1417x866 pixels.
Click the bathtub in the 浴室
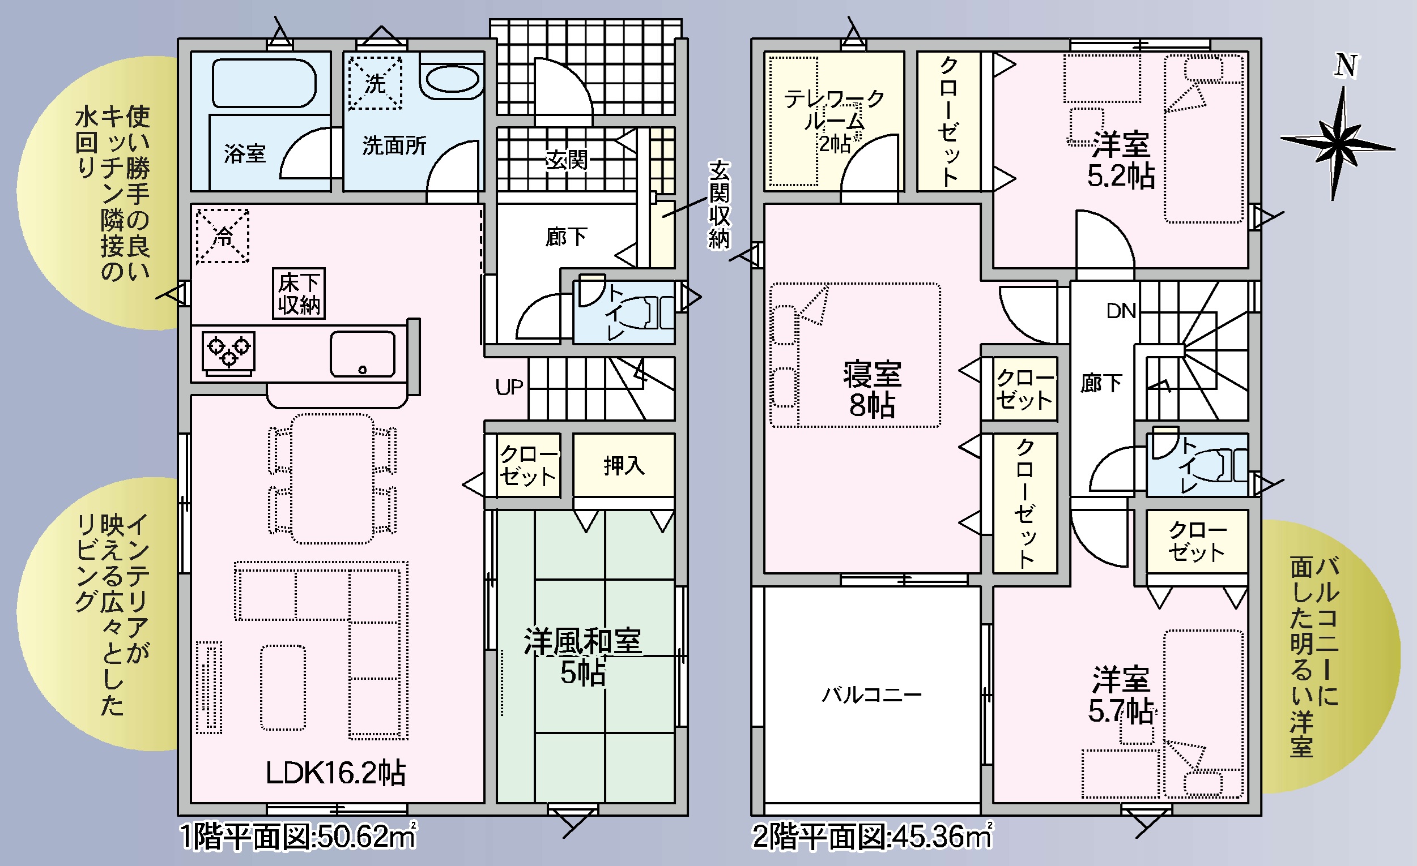[264, 83]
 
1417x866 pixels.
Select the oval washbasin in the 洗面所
[453, 80]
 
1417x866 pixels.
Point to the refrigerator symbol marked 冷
[223, 235]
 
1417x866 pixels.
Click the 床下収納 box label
[299, 293]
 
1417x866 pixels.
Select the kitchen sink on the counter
[362, 354]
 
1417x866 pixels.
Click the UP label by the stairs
[509, 387]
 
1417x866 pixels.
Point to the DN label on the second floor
[1121, 311]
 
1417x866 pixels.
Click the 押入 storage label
[624, 465]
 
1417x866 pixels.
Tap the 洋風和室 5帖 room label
[582, 657]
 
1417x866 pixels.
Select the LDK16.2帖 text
[336, 773]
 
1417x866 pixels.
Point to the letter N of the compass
[1346, 66]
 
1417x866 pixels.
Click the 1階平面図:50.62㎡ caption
[298, 836]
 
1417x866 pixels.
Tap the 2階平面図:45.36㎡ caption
[873, 836]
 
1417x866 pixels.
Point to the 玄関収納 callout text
[719, 205]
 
